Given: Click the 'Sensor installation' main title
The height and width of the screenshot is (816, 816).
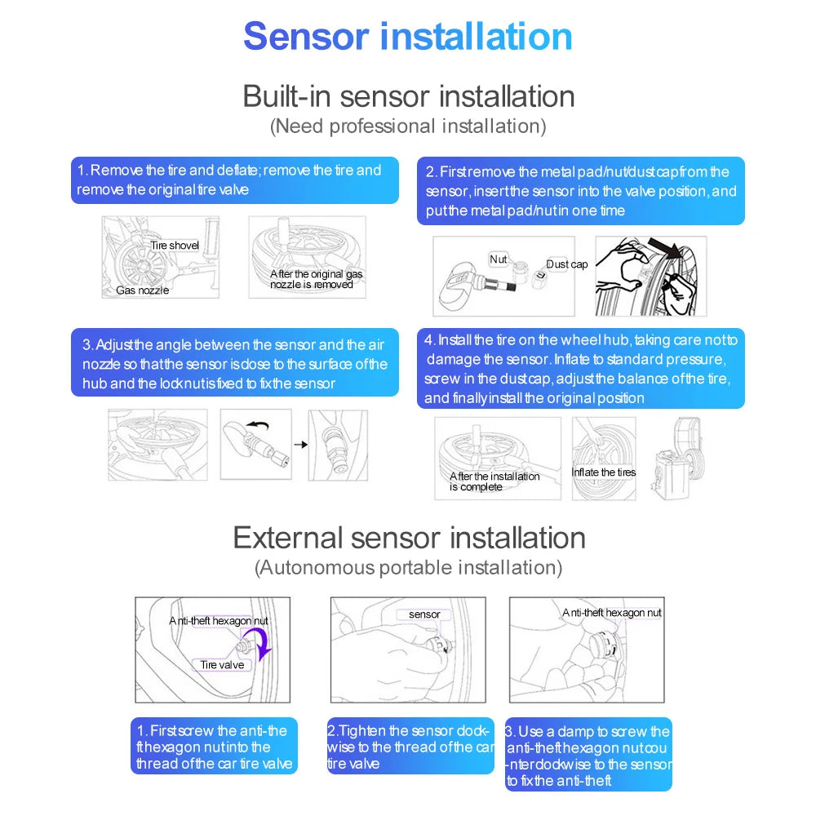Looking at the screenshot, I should pos(408,37).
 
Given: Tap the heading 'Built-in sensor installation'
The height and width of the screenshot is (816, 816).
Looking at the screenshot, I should pos(408,96).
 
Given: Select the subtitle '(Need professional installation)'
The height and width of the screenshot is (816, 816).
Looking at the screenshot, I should pos(408,126).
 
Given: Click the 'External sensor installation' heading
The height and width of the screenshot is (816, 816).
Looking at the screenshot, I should pos(409,538).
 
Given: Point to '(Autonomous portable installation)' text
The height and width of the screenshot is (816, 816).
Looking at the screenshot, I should pos(408,567).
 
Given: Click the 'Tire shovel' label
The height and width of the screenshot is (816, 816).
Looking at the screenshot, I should pos(174,246).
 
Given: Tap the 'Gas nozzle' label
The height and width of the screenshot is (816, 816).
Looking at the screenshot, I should pos(142,290).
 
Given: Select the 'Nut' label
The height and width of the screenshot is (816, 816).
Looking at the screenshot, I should pos(498,259).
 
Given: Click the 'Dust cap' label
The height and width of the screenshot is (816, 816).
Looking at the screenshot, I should pos(566,264).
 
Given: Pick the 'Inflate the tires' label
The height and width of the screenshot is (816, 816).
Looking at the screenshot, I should pos(603,472).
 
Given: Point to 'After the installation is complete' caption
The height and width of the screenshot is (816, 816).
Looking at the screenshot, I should pos(494,481).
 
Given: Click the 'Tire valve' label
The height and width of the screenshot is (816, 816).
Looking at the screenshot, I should pos(222,665).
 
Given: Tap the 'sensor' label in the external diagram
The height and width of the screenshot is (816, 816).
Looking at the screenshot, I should pos(424,614).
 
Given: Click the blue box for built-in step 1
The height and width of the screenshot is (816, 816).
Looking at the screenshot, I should pos(235,180).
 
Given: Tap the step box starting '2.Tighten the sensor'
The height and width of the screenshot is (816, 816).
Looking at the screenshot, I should pos(410,747).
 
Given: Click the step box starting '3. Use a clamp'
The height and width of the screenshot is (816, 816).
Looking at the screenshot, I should pos(588,755).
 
